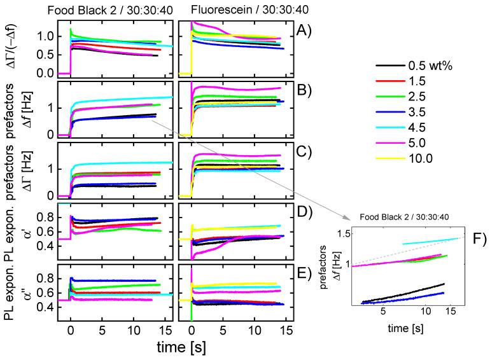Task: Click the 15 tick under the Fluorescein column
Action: point(286,331)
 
